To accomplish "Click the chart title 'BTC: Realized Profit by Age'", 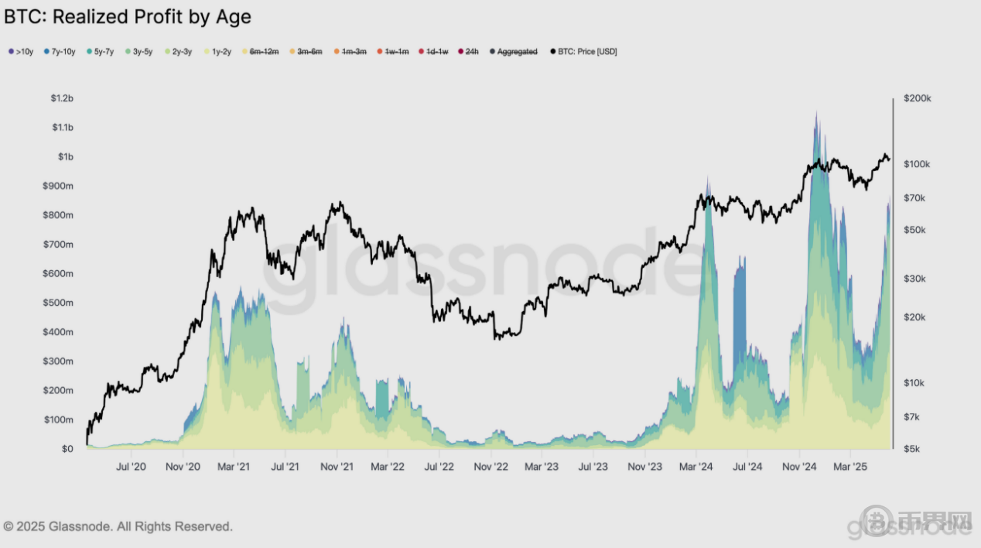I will [128, 16].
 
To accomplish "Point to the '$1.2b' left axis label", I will [62, 98].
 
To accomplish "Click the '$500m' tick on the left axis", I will [59, 303].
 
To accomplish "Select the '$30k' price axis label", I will [915, 279].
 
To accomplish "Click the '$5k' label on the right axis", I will [913, 449].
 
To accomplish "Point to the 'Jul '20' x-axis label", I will [131, 467].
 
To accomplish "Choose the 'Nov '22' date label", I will [490, 467].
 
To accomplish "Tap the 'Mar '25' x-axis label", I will [850, 467].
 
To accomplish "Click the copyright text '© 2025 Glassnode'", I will [118, 526].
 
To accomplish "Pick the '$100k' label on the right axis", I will [917, 164].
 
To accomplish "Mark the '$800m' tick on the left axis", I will [59, 215].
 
